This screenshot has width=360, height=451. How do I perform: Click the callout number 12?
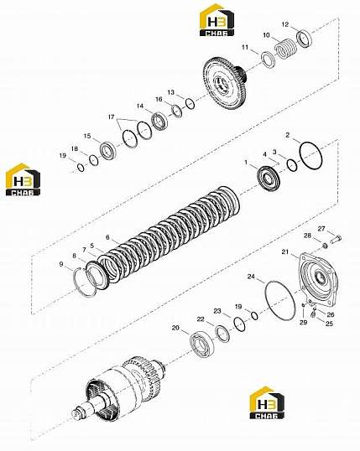284,25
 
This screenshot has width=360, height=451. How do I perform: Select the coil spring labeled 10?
286,49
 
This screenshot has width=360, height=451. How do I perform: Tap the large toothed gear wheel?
226,84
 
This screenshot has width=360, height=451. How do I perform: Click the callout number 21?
284,252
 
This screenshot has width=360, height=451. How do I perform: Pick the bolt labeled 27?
336,239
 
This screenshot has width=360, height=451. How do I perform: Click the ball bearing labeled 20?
202,344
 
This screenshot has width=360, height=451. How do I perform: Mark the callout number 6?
107,237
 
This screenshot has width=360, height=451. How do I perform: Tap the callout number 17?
111,117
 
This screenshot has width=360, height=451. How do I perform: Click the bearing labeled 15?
108,150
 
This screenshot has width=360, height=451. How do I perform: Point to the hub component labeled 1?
269,179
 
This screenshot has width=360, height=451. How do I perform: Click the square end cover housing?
318,279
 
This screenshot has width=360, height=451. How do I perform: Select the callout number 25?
329,324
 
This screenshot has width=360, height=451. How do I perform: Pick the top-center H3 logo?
217,20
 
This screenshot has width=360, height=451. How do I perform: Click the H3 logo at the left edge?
23,179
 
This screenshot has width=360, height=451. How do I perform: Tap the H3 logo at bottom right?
267,402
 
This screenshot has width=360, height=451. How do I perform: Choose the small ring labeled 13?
190,104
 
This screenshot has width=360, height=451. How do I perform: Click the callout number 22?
201,319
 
